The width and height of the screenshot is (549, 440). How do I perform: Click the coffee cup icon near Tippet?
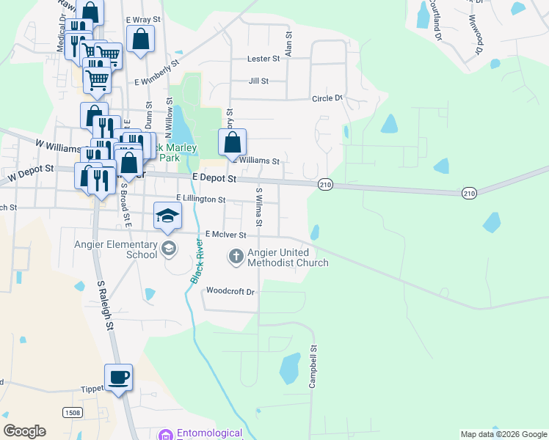pyautogui.click(x=118, y=378)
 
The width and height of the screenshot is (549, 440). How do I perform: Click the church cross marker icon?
pyautogui.click(x=236, y=257)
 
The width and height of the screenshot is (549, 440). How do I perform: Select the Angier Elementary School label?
pyautogui.click(x=116, y=249)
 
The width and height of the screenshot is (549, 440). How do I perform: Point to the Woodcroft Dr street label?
pyautogui.click(x=230, y=291)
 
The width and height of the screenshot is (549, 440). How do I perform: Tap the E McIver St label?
pyautogui.click(x=225, y=235)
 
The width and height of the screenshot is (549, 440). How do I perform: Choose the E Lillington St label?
pyautogui.click(x=200, y=199)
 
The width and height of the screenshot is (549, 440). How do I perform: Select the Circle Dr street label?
pyautogui.click(x=327, y=98)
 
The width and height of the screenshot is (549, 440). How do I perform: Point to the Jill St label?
pyautogui.click(x=258, y=81)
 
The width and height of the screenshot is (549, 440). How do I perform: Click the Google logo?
pyautogui.click(x=24, y=431)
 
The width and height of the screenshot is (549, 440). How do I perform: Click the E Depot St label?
pyautogui.click(x=214, y=178)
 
